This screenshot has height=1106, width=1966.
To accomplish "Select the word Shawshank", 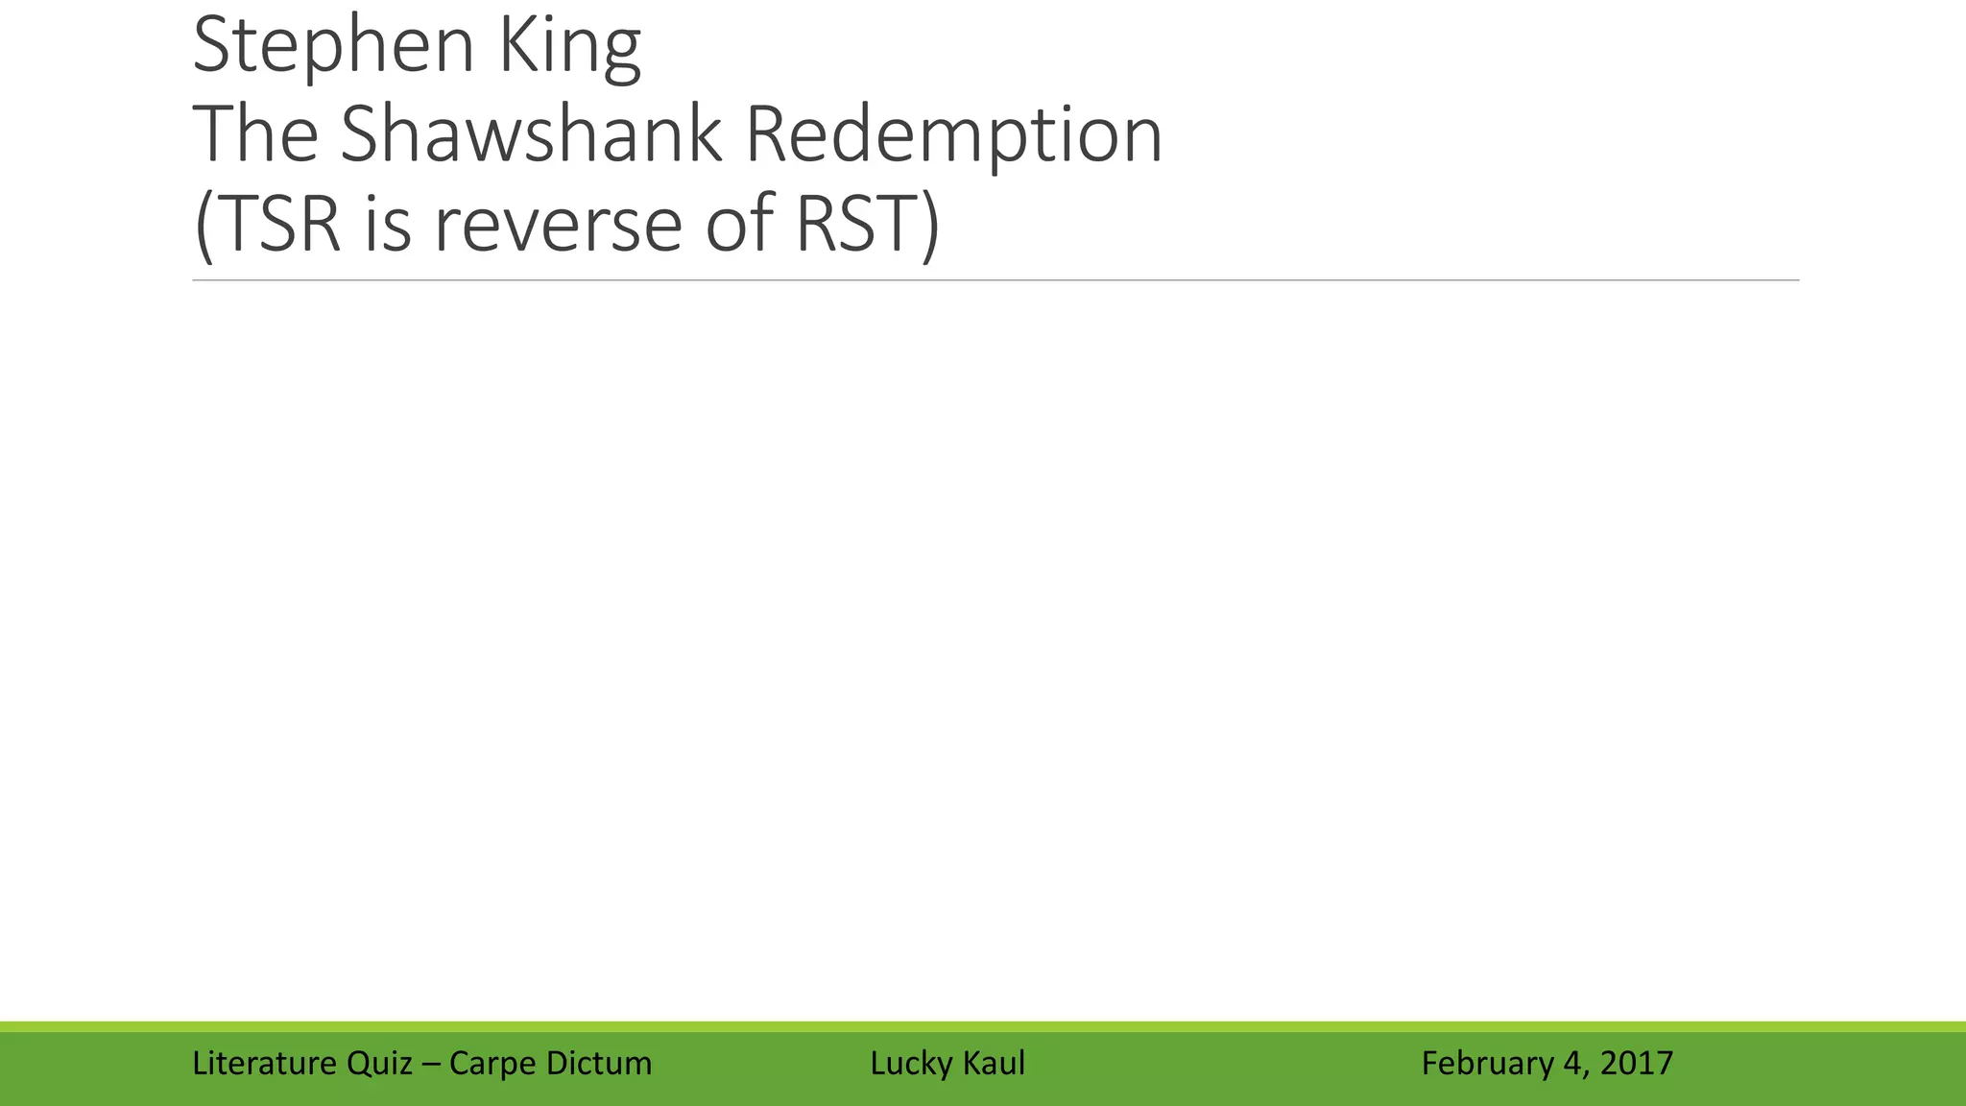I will [x=530, y=134].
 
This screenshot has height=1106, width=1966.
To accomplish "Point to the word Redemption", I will [x=953, y=136].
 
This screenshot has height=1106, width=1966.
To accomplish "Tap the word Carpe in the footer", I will [x=491, y=1064].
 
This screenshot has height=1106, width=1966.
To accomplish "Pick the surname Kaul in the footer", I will [x=993, y=1064].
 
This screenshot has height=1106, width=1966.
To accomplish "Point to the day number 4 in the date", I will [x=1571, y=1064].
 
